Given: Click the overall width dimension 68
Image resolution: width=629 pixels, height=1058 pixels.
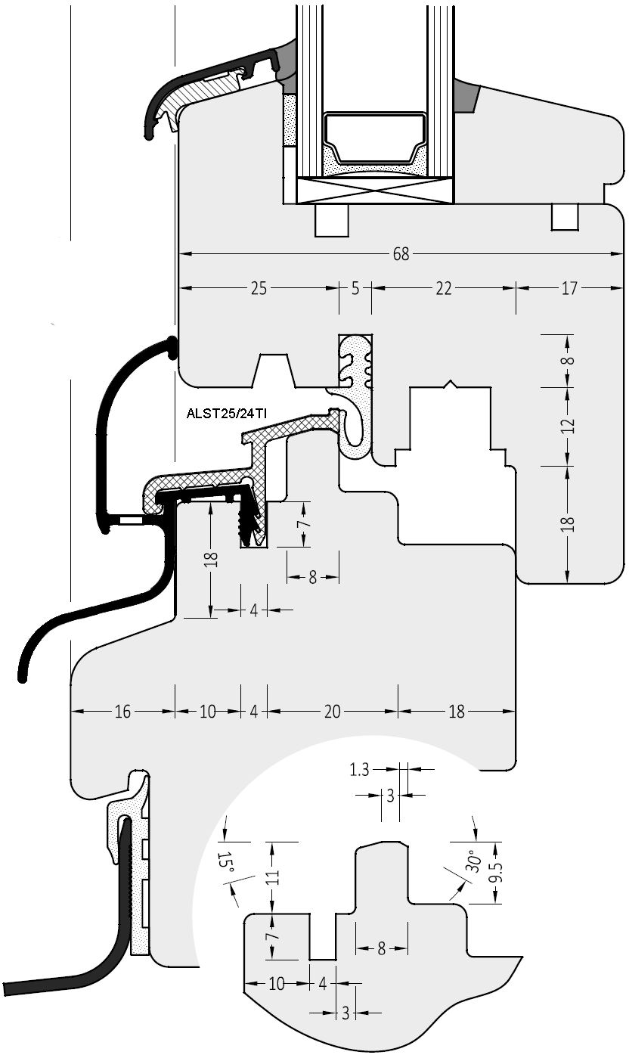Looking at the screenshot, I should (401, 254).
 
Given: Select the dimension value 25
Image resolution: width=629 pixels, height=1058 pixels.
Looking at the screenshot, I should (259, 288).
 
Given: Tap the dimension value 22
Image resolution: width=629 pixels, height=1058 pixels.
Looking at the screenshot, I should (444, 288).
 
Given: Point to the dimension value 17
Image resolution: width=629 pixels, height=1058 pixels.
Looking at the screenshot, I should (569, 288).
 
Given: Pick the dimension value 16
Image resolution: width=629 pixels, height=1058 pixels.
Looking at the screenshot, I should (122, 711).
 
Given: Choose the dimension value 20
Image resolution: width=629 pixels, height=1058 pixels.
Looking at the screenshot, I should (332, 711).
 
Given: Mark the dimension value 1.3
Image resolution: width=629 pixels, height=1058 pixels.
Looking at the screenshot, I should (360, 770).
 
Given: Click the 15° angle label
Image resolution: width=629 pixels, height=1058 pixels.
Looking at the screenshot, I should (225, 864).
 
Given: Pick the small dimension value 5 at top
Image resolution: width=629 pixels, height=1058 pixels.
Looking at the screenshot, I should (355, 288).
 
